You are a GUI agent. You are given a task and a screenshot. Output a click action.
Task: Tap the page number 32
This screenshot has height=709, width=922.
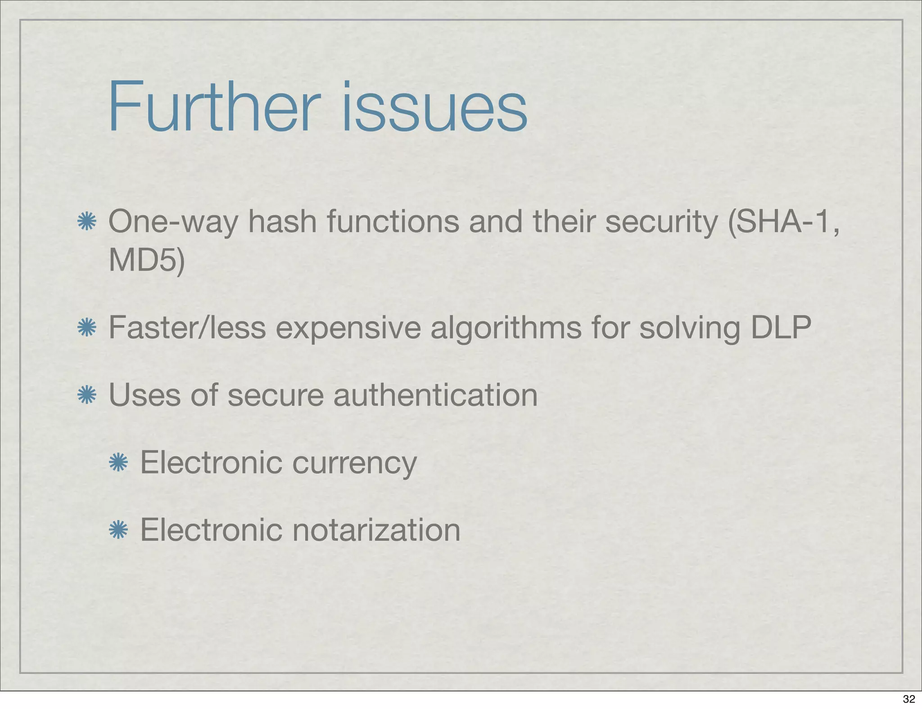[x=909, y=699]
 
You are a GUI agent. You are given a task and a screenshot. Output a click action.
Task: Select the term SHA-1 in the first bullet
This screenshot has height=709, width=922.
[x=782, y=222]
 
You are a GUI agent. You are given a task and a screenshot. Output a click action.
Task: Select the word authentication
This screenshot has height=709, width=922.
[x=435, y=395]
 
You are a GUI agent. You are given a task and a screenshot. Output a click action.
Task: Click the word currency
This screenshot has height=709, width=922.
[x=354, y=463]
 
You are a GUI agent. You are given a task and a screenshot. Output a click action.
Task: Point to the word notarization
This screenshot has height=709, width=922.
[x=376, y=530]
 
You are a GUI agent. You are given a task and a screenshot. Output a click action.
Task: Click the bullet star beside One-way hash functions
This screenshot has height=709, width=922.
[x=86, y=222]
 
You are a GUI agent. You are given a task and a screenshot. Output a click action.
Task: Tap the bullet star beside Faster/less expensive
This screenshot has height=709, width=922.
[x=86, y=328]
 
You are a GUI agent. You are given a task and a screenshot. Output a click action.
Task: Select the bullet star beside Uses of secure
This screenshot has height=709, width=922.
[x=86, y=395]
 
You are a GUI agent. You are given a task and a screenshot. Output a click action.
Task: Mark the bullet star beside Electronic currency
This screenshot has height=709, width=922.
[x=118, y=462]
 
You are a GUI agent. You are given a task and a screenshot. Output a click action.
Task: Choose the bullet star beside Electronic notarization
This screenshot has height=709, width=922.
[x=118, y=530]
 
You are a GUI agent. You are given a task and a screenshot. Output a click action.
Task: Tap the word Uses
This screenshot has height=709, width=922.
[x=145, y=395]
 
